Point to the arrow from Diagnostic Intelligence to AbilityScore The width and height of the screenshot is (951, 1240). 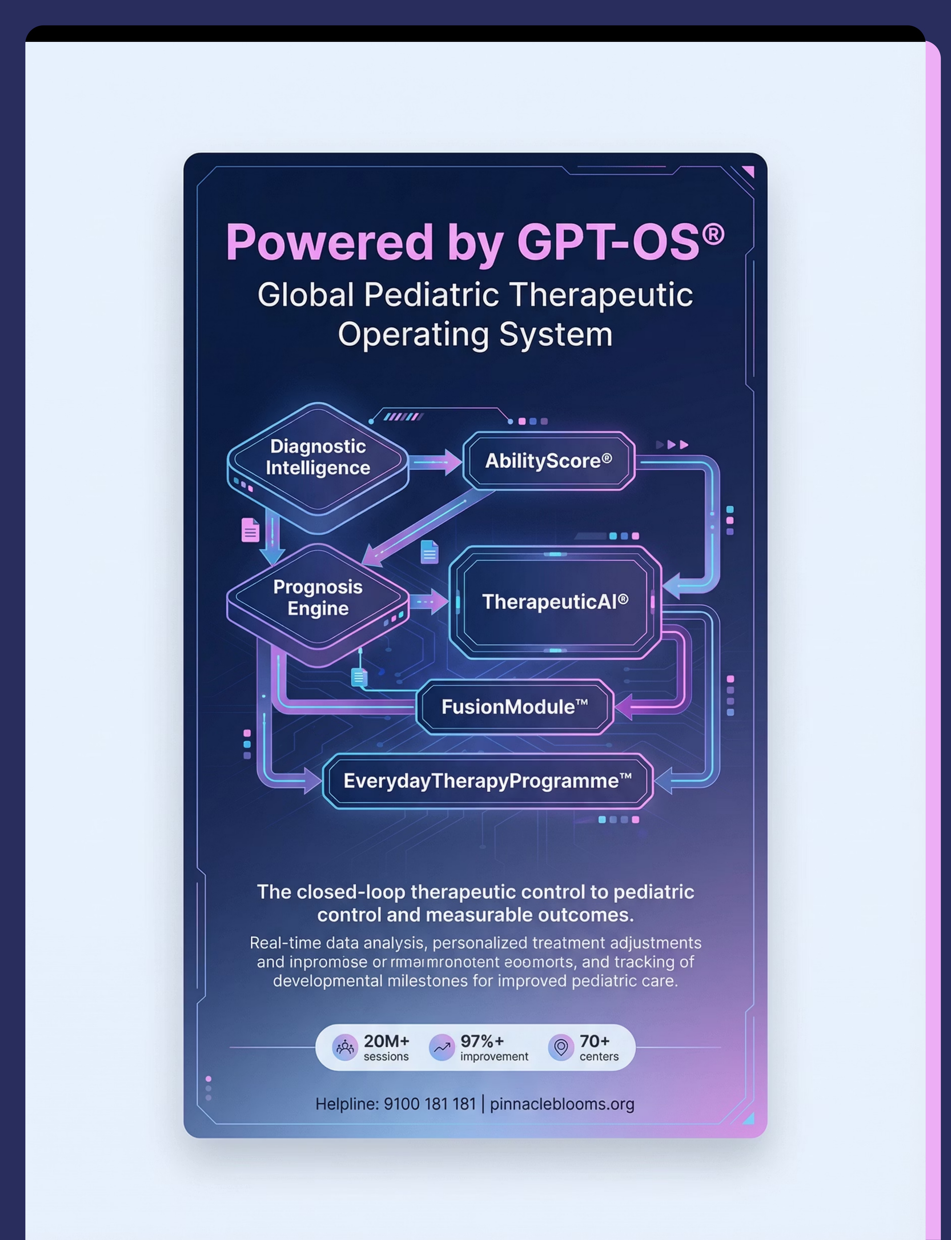435,462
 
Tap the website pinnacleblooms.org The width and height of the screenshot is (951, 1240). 562,1104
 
